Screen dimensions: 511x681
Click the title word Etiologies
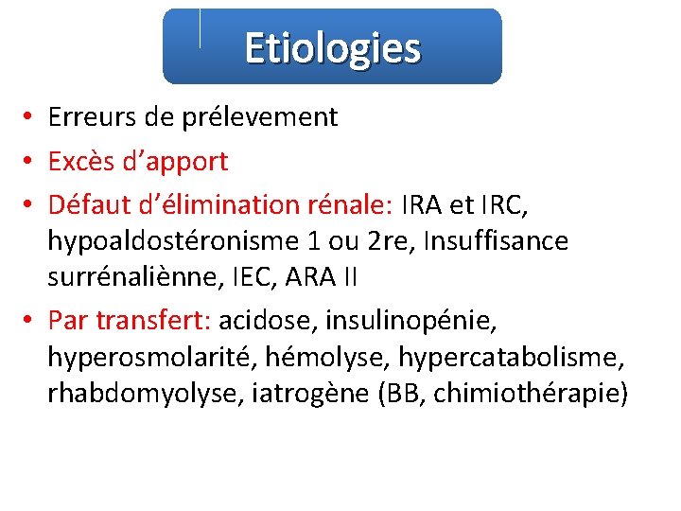tap(332, 47)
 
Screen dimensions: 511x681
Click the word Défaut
tap(88, 205)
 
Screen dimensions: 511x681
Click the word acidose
tap(268, 321)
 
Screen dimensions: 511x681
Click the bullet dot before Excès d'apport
tap(31, 162)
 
